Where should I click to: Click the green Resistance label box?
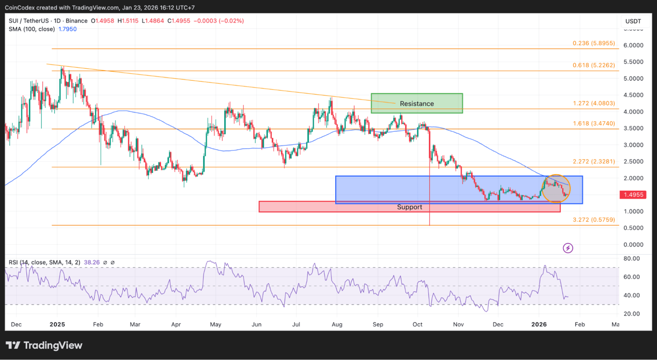[417, 103]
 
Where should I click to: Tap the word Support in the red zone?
[409, 207]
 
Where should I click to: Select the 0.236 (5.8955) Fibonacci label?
[594, 43]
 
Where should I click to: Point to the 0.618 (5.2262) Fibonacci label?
[594, 65]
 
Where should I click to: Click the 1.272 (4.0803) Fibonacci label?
[594, 103]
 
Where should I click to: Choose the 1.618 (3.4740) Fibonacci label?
[594, 123]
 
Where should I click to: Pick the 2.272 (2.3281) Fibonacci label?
[594, 162]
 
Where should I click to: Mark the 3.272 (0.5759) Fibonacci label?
[594, 219]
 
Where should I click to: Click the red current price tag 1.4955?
[632, 195]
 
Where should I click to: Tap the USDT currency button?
[633, 21]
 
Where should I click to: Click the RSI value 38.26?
[91, 263]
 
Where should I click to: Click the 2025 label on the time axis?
[57, 324]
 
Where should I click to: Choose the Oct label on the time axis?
[417, 324]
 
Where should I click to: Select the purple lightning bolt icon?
[568, 248]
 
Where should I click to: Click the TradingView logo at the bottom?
[44, 346]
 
